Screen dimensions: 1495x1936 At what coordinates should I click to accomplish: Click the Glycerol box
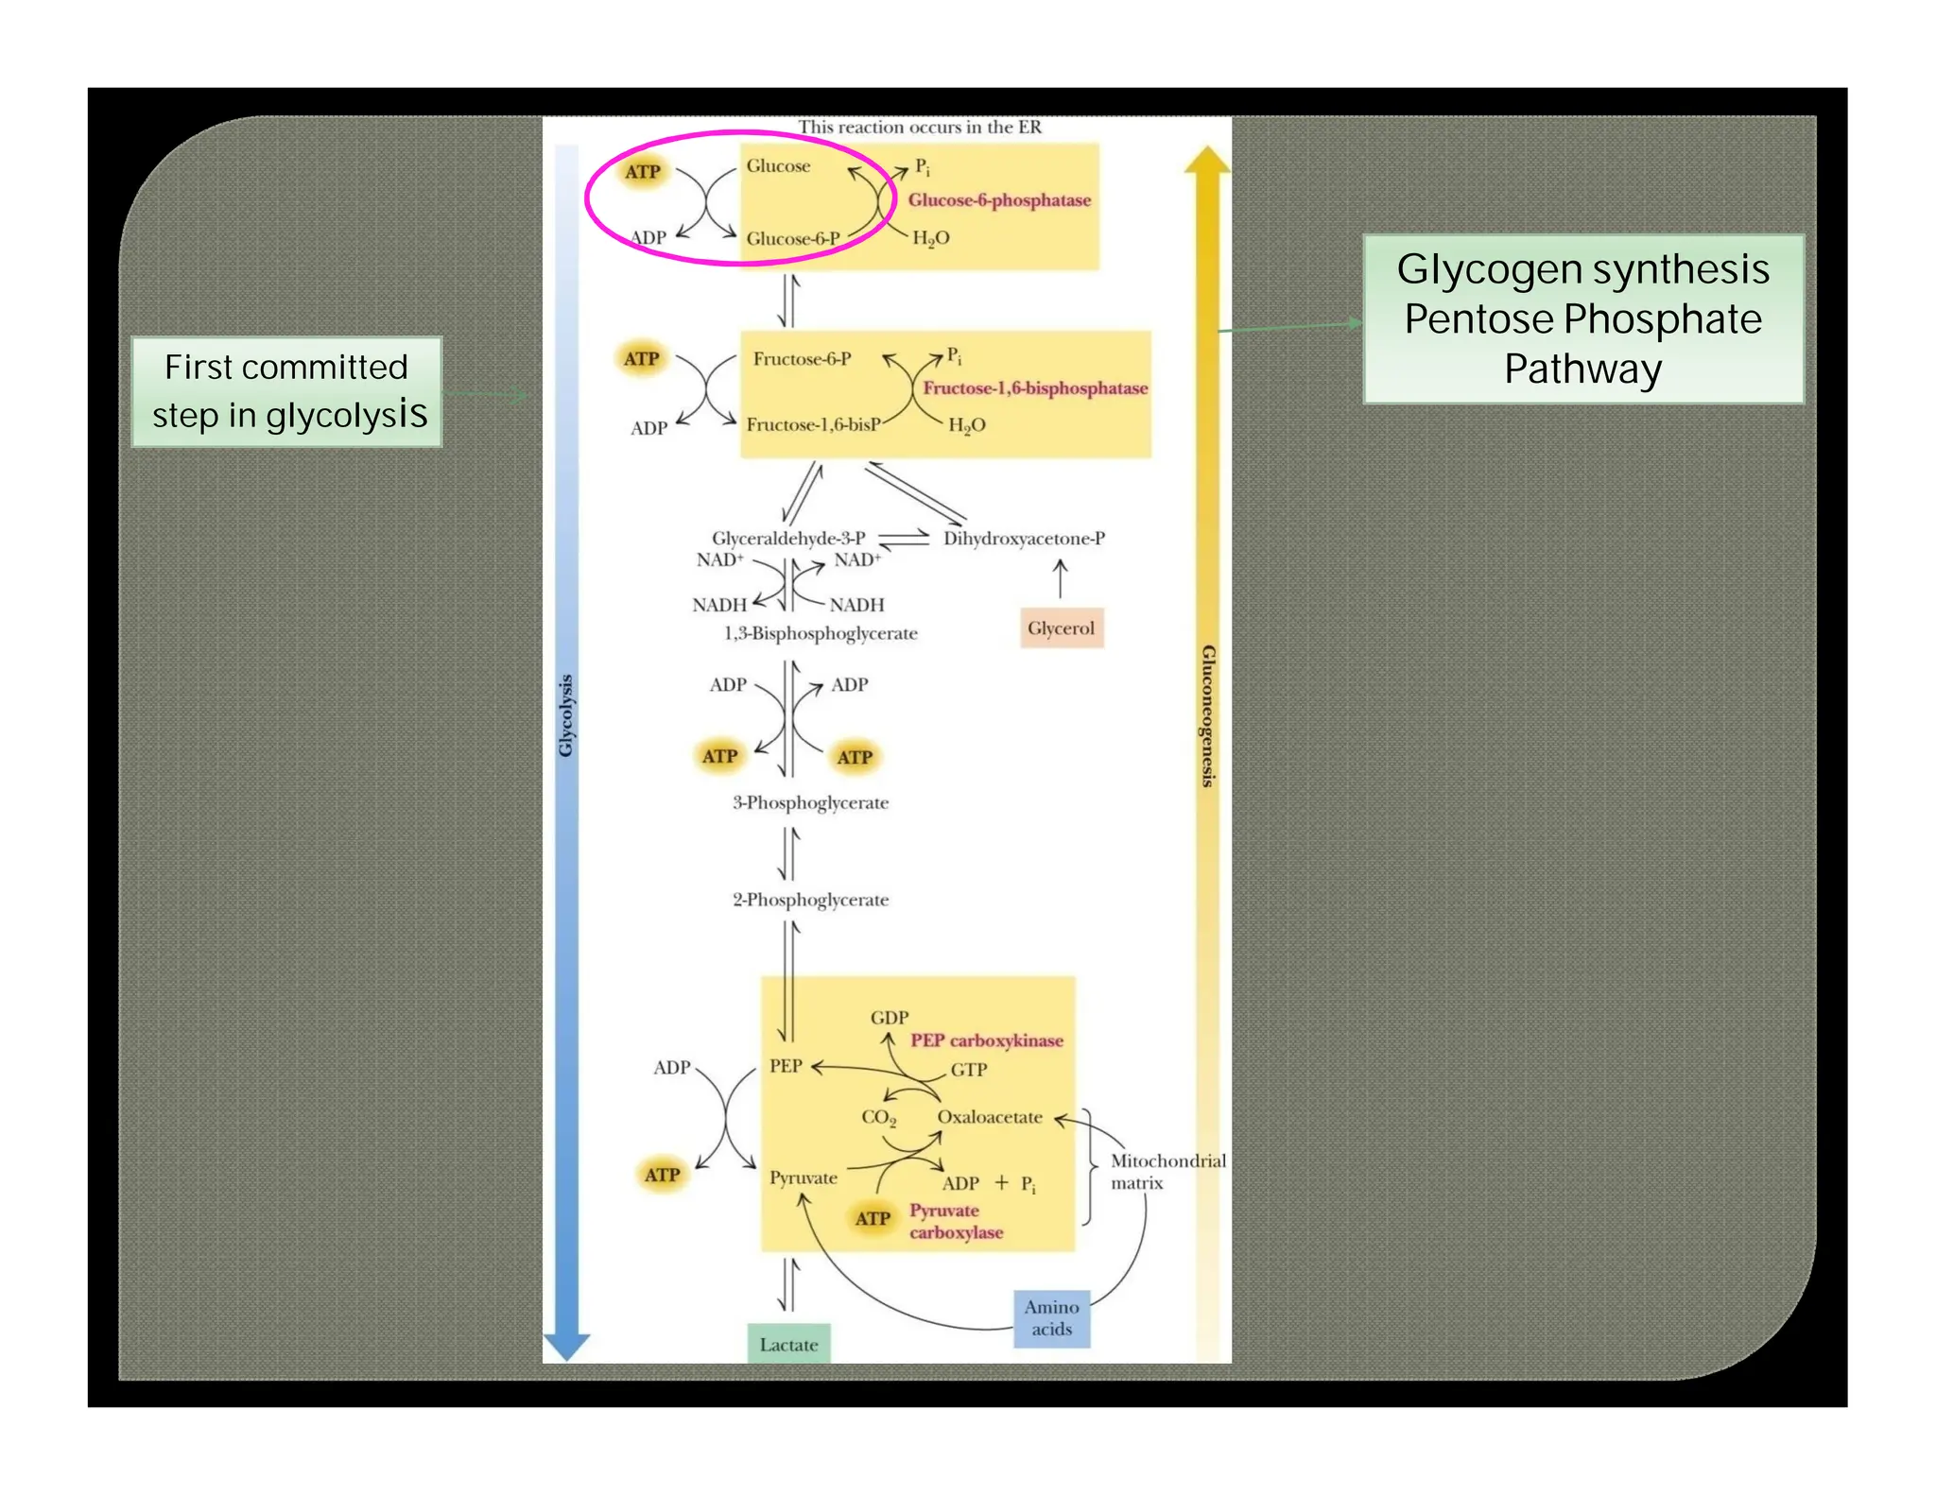point(1061,628)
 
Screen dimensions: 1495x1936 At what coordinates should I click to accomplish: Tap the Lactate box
point(788,1344)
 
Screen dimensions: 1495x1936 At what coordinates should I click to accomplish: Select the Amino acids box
point(1051,1318)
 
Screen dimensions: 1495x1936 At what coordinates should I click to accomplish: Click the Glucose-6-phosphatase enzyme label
point(999,200)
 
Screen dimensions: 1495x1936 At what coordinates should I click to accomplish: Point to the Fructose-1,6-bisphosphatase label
point(1035,388)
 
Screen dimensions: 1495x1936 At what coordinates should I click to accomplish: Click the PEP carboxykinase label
point(986,1040)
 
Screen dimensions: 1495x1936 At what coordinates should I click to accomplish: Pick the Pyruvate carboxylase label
point(955,1221)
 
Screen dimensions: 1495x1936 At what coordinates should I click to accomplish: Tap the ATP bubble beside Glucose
point(643,172)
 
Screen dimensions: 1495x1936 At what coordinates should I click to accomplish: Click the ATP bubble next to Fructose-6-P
point(641,359)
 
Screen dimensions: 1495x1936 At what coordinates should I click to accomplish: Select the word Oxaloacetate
point(989,1117)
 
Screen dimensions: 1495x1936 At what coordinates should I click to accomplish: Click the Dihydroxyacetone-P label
point(1024,539)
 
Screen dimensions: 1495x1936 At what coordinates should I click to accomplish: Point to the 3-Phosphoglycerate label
point(810,803)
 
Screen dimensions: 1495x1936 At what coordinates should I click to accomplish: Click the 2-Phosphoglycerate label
point(810,900)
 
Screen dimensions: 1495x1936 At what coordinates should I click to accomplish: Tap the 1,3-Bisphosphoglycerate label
point(821,633)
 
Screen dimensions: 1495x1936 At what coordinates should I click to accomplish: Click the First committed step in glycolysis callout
point(286,391)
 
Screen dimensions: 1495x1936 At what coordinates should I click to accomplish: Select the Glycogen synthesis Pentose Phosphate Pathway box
point(1582,319)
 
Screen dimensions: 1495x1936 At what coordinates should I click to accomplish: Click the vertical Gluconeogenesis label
point(1207,715)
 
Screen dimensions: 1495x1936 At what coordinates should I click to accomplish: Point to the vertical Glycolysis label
point(565,715)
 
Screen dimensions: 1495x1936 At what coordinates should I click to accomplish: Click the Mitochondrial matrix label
point(1167,1172)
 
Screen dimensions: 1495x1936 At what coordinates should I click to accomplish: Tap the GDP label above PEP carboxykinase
point(889,1018)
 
